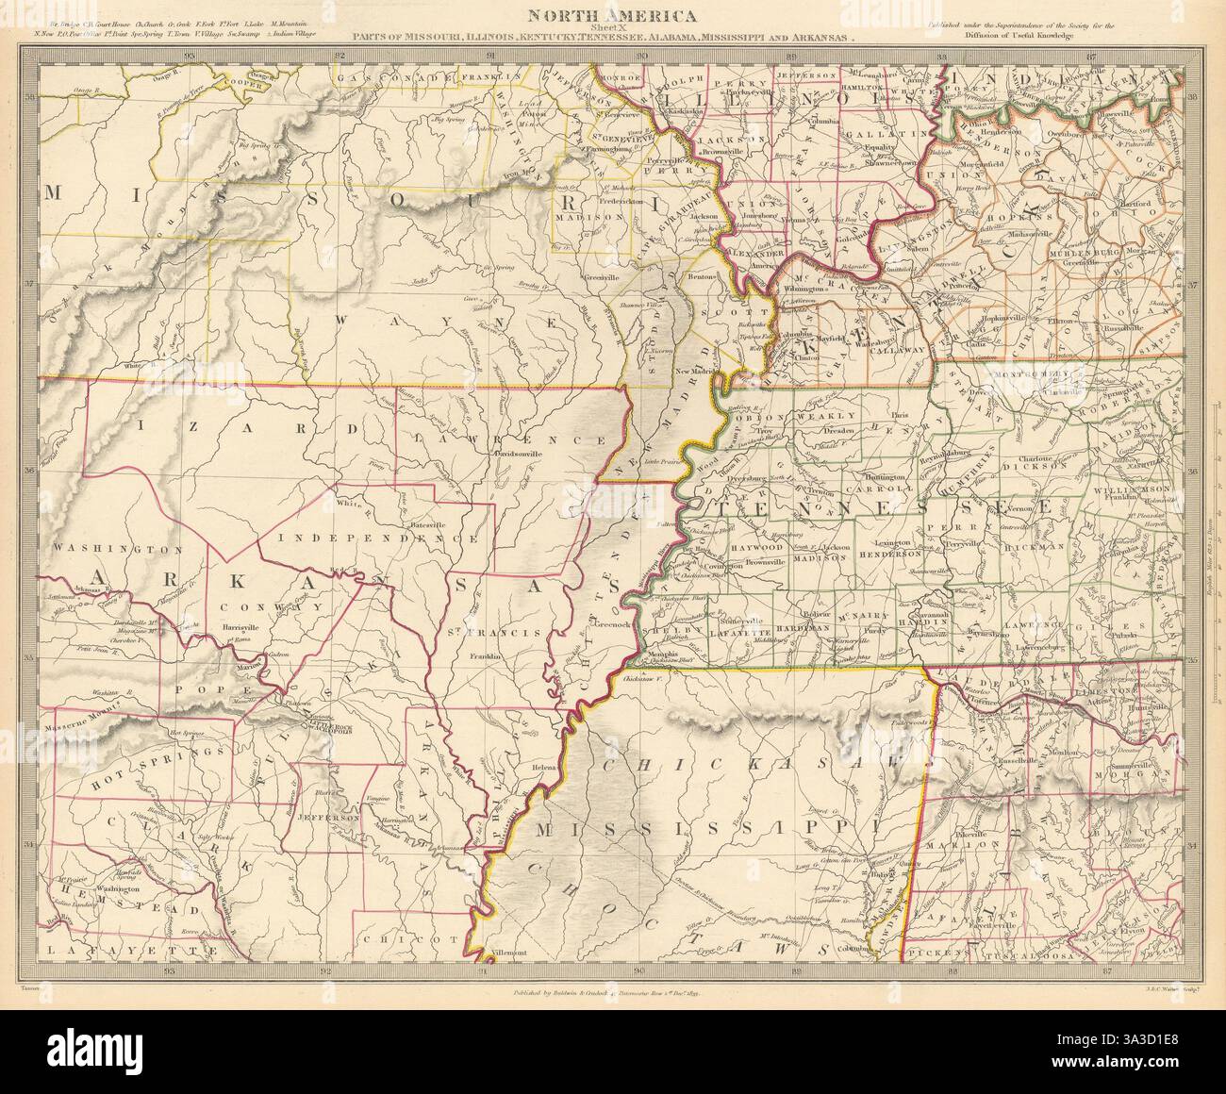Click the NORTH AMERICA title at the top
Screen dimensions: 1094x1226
coord(612,15)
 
